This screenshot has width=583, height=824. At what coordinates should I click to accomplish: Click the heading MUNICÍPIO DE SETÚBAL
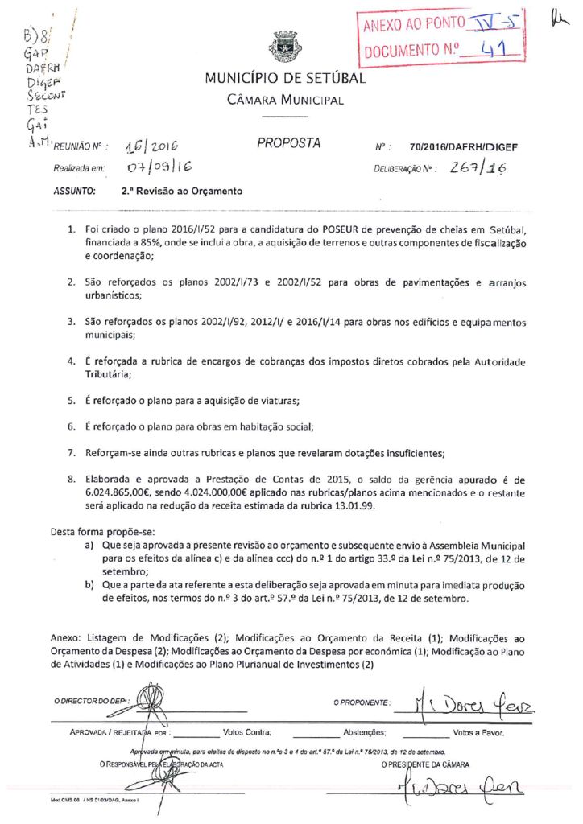[284, 79]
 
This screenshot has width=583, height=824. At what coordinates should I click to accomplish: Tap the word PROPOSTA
[288, 144]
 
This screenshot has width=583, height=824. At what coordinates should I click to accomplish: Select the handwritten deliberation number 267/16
[478, 167]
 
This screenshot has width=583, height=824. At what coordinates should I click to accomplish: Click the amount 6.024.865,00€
[123, 490]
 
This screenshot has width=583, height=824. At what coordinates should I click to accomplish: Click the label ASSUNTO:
[75, 193]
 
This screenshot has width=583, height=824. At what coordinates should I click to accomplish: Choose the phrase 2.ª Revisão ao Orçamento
[181, 193]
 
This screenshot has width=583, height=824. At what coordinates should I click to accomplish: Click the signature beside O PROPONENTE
[482, 702]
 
